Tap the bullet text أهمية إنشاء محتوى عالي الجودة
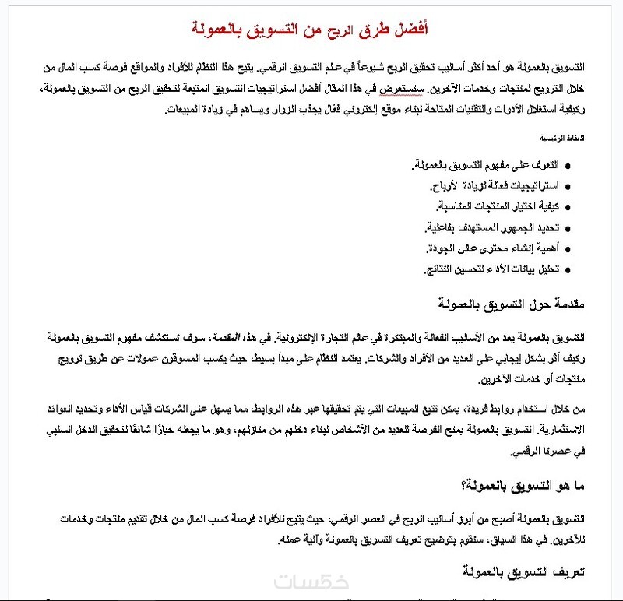[493, 249]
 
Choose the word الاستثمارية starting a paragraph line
[555, 431]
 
